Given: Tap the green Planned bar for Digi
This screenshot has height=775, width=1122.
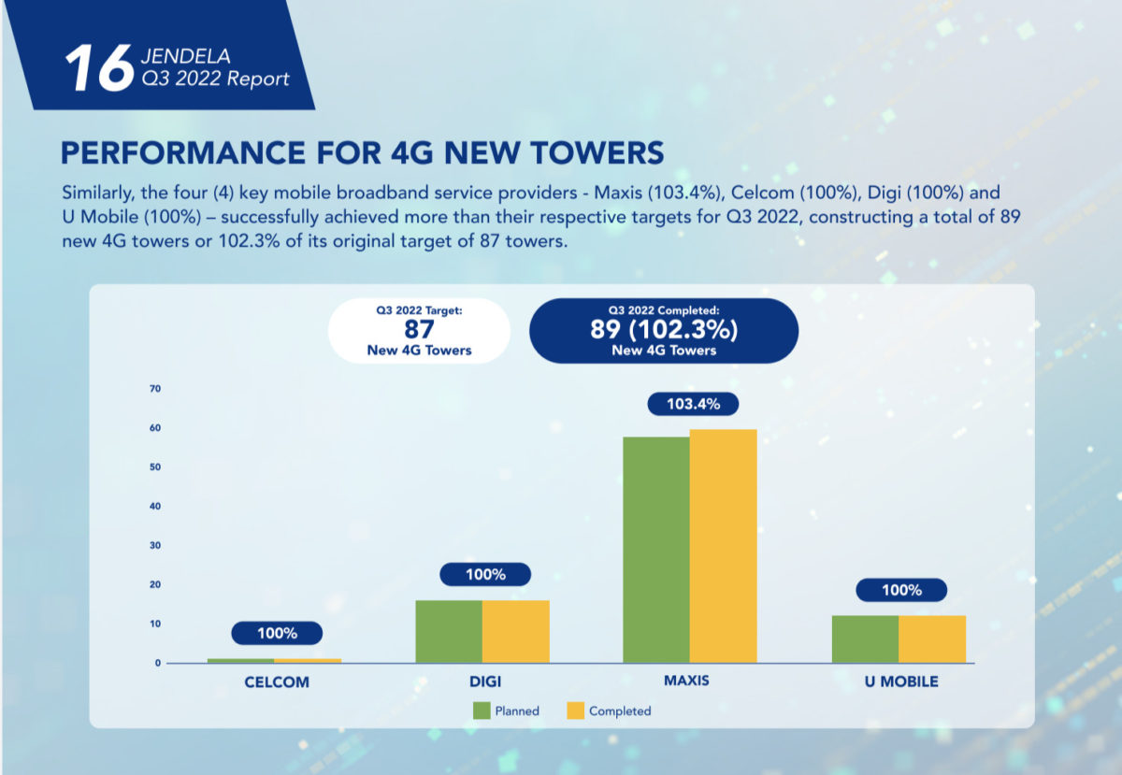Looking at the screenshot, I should (449, 631).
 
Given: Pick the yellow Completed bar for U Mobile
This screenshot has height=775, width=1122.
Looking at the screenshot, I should (932, 639).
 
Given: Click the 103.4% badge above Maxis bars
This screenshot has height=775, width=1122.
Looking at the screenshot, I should (693, 404).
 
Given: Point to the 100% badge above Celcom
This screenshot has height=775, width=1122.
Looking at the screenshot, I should (277, 633).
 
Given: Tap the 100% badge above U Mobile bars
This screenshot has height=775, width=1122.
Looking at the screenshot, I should (901, 590).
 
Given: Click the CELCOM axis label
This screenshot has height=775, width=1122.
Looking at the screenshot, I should (277, 682).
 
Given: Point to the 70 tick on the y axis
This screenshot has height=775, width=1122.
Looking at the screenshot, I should (154, 389).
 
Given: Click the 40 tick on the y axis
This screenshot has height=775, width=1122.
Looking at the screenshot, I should (154, 507).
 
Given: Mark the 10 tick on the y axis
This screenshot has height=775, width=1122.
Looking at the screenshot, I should (154, 624).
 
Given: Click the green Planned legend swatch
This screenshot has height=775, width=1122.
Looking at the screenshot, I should (482, 710).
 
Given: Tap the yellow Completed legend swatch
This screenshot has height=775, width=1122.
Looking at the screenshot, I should (576, 710).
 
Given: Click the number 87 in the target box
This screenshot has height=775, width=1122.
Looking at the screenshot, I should (419, 330).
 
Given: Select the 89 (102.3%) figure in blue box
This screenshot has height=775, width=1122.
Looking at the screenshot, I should (664, 330).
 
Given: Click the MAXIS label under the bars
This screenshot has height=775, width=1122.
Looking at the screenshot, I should (686, 680).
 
